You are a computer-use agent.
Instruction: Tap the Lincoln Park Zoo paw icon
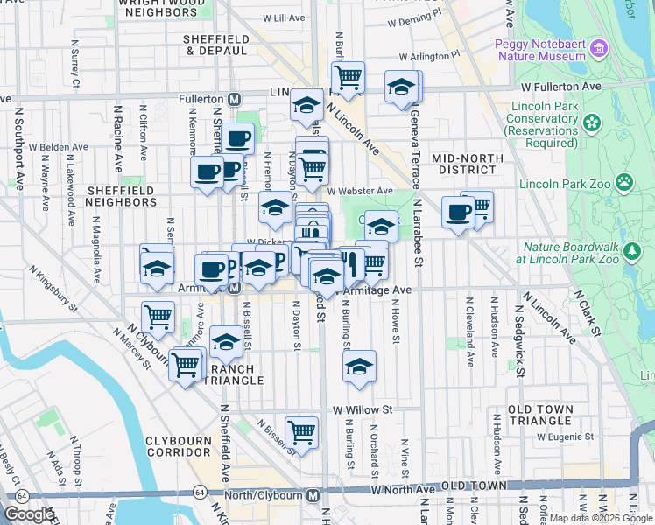(x=624, y=183)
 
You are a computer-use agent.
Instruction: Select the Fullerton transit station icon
(x=234, y=100)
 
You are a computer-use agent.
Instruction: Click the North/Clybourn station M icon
(x=313, y=496)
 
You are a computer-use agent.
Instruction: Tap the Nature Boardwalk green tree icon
(x=632, y=252)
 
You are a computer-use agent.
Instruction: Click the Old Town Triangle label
(x=540, y=416)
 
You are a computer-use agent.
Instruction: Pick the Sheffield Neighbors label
(x=122, y=195)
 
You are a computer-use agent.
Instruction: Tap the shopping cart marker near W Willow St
(x=301, y=431)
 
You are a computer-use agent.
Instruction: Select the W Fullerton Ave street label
(x=560, y=87)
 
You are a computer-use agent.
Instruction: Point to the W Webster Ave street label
(x=360, y=191)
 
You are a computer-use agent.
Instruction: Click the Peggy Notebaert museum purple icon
(x=599, y=46)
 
